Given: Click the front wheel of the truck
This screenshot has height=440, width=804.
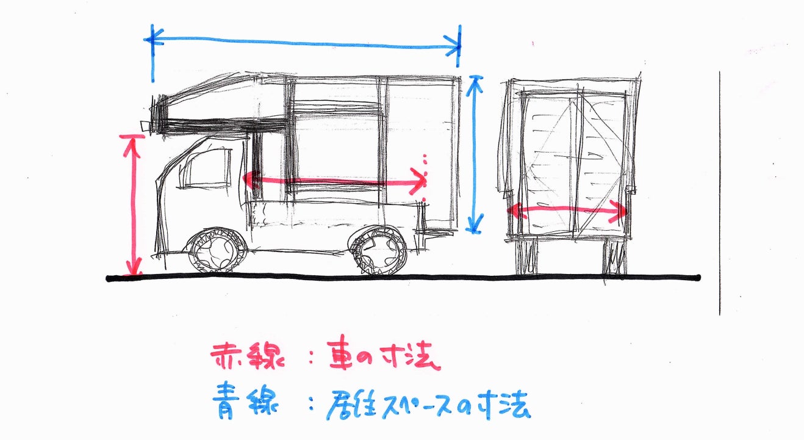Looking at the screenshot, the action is pyautogui.click(x=217, y=250).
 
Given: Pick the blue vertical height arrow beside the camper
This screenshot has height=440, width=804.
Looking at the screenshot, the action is pyautogui.click(x=475, y=154).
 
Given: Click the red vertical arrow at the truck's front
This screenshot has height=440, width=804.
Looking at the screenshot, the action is pyautogui.click(x=134, y=204).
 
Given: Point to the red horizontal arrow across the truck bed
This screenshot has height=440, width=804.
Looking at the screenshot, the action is pyautogui.click(x=334, y=181).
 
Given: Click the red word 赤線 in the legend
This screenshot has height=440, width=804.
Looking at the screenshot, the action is pyautogui.click(x=247, y=356).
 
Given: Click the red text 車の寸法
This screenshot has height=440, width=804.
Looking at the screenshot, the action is pyautogui.click(x=383, y=354).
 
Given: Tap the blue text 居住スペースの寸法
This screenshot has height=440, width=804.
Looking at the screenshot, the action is pyautogui.click(x=428, y=405).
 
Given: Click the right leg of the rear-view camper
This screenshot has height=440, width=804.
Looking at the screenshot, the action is pyautogui.click(x=614, y=256).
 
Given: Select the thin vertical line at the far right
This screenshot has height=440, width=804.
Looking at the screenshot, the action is pyautogui.click(x=720, y=193).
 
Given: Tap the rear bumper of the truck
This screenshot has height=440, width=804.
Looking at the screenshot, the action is pyautogui.click(x=434, y=234).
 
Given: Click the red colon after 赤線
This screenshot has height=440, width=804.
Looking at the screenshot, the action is pyautogui.click(x=311, y=356).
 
